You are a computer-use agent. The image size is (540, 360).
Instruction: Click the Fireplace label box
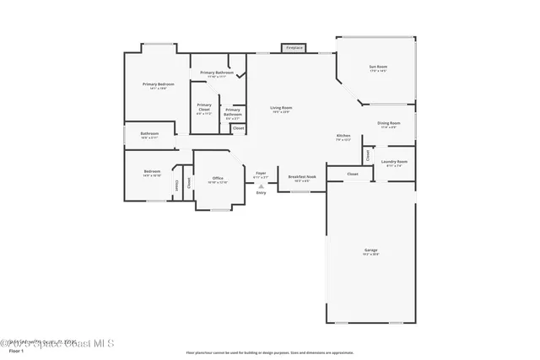pyautogui.click(x=294, y=48)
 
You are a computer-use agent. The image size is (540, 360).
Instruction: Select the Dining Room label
pyautogui.click(x=389, y=124)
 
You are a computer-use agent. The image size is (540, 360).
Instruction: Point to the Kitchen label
pyautogui.click(x=343, y=136)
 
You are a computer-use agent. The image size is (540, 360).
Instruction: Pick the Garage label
pyautogui.click(x=370, y=250)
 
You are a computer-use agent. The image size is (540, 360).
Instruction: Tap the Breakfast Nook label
pyautogui.click(x=301, y=177)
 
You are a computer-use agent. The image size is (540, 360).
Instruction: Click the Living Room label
pyautogui.click(x=281, y=108)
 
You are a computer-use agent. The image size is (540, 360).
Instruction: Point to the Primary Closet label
pyautogui.click(x=204, y=108)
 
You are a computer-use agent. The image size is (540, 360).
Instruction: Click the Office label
pyautogui.click(x=218, y=179)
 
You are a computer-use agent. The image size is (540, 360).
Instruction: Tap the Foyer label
pyautogui.click(x=261, y=174)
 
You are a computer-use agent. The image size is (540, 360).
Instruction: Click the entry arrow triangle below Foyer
pyautogui.click(x=261, y=185)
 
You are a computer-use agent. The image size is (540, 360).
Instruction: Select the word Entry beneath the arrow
pyautogui.click(x=261, y=193)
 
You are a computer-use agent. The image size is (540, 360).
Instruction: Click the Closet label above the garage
pyautogui.click(x=353, y=174)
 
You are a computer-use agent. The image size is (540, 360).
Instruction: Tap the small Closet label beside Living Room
pyautogui.click(x=239, y=128)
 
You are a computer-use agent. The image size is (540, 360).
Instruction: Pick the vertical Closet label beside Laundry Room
pyautogui.click(x=368, y=155)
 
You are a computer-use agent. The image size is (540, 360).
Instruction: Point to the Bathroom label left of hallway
pyautogui.click(x=150, y=134)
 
